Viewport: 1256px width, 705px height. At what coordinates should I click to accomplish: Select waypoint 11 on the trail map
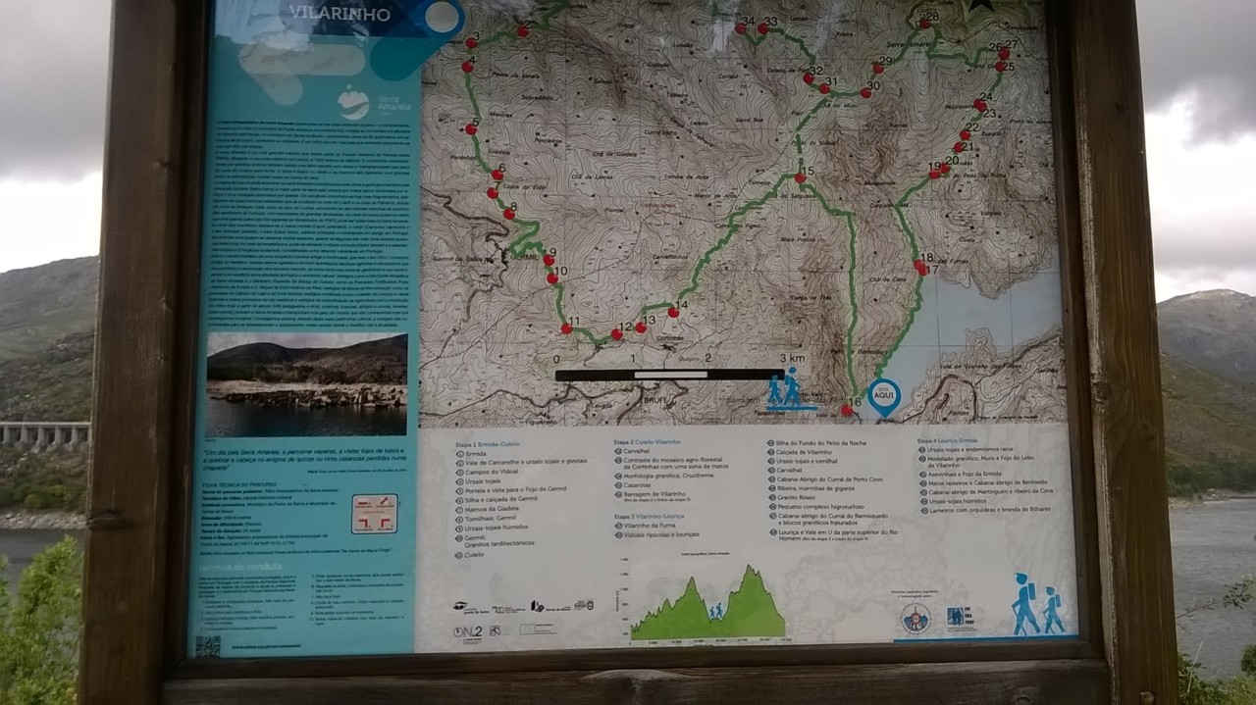[x=566, y=329]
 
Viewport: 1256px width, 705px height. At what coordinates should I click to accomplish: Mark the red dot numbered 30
[x=866, y=93]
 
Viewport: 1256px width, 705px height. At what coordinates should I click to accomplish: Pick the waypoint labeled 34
[x=741, y=28]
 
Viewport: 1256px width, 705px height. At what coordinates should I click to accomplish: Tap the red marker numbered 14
[x=673, y=313]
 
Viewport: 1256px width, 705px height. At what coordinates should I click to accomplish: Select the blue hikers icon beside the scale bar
[x=786, y=388]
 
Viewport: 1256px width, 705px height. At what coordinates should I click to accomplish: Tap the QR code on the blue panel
[x=208, y=645]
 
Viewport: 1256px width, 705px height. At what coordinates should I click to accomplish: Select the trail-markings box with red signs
[x=374, y=513]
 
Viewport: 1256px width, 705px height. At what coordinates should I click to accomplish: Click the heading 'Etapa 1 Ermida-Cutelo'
[x=489, y=444]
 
